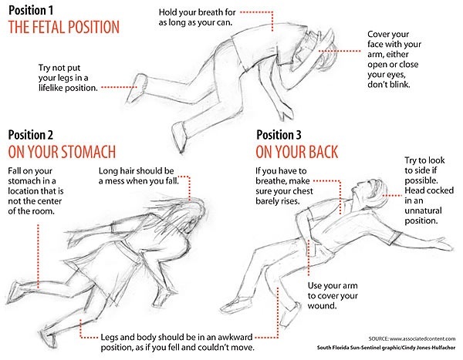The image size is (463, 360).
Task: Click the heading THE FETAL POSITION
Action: pos(64,27)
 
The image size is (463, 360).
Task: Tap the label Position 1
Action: pos(31,10)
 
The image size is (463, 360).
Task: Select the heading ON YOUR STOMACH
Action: pos(62,152)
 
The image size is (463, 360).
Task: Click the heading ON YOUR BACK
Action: pos(297,152)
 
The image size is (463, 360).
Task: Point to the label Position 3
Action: pos(279,135)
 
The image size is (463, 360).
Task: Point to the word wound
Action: pos(322,306)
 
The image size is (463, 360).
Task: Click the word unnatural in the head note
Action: pos(423,210)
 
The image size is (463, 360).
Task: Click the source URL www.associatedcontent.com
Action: pos(422,338)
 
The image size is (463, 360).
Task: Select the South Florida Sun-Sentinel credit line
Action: pos(387,348)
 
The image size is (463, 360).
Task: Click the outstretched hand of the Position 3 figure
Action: pos(441,244)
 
